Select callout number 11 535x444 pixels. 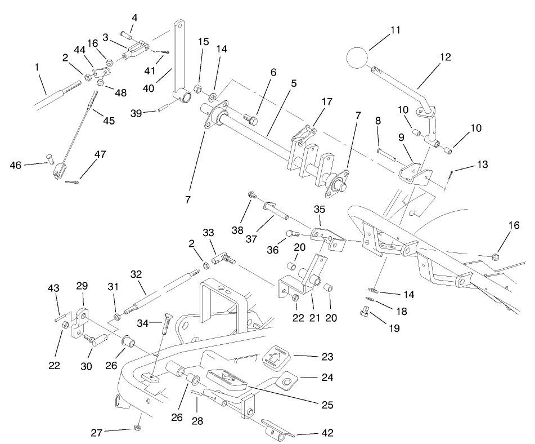click(x=395, y=29)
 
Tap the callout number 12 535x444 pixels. click(x=445, y=57)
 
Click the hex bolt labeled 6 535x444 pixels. click(x=250, y=120)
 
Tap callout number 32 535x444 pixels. click(x=136, y=274)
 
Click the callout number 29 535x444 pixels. click(x=83, y=286)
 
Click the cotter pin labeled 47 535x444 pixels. click(x=74, y=181)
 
